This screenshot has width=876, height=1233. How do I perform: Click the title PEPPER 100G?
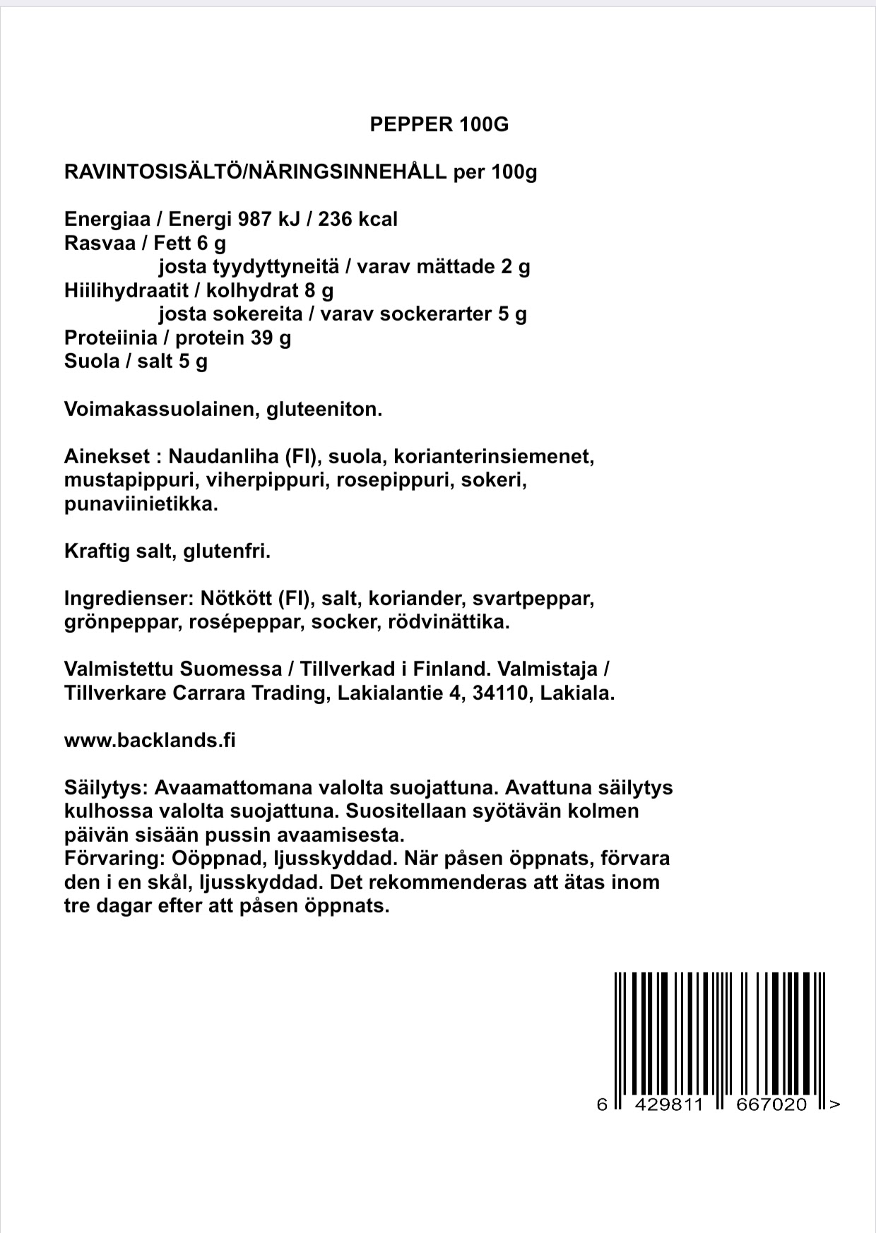coord(439,125)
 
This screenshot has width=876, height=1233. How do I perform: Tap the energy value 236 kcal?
coord(357,220)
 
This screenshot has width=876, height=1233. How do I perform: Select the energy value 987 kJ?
coord(269,220)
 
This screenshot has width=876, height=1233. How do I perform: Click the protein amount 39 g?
coord(271,338)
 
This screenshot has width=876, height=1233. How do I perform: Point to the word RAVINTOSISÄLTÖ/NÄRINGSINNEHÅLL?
coord(255,172)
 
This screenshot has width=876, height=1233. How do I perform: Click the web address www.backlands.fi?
coord(150,740)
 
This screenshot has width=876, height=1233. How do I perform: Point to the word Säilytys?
coord(105,787)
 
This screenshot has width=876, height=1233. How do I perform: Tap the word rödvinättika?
coord(449,623)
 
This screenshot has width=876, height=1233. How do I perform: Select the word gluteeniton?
coord(324,410)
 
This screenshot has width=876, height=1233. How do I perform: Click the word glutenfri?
coord(227,552)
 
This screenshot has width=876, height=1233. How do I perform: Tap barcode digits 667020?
coord(771,1104)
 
